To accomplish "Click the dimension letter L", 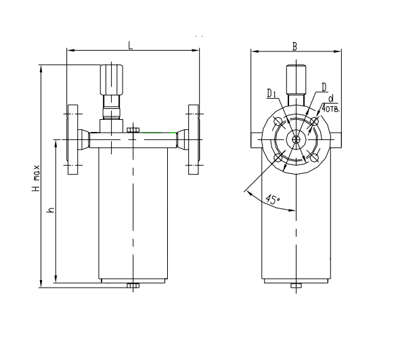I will click(130, 44).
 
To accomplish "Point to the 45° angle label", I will click(271, 200).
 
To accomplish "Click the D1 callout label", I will click(270, 93).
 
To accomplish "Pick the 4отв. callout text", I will click(330, 108).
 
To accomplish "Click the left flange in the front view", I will click(72, 140).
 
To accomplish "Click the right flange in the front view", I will click(194, 140).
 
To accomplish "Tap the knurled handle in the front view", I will click(111, 79).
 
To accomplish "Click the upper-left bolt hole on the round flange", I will click(278, 122).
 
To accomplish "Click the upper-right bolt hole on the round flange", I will click(313, 122).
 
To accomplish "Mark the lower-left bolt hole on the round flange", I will click(278, 158).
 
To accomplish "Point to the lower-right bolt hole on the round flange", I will click(313, 158).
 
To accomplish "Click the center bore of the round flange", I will click(296, 140).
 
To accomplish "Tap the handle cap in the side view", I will click(295, 78).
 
